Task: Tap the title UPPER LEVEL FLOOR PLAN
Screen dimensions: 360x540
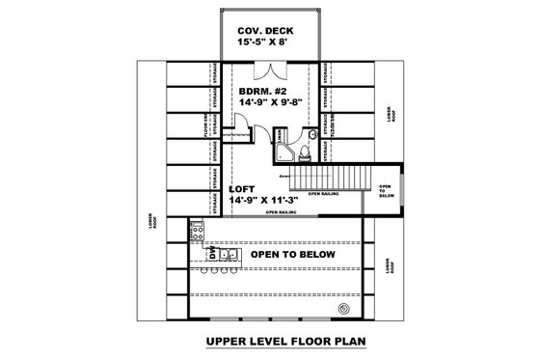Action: (273, 341)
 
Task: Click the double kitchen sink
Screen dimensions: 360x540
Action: (229, 254)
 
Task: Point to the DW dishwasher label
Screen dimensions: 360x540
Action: (211, 254)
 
